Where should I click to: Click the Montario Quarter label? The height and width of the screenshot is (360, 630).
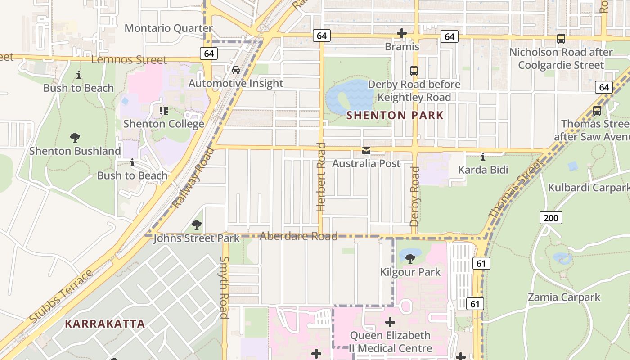click(x=168, y=28)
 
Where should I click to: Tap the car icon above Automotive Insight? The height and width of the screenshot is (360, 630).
click(x=235, y=70)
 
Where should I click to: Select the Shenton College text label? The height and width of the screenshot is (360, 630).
click(x=164, y=124)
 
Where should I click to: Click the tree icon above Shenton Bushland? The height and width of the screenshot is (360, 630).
click(x=75, y=138)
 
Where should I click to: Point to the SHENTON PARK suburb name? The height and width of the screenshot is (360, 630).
click(x=395, y=116)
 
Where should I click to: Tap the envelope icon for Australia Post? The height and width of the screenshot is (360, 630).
click(x=366, y=151)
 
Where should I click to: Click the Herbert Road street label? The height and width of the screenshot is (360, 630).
click(x=321, y=177)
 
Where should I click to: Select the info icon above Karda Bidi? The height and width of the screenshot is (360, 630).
click(x=483, y=157)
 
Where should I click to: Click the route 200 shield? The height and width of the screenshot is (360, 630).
click(x=550, y=218)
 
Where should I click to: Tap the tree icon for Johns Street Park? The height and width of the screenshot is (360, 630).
click(x=196, y=225)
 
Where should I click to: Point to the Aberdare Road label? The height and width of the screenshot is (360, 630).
click(x=299, y=236)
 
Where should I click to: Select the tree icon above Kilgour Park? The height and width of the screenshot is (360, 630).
click(x=410, y=259)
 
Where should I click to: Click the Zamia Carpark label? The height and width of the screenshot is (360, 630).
click(x=564, y=297)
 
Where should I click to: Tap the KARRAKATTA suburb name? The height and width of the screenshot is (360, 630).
click(x=105, y=324)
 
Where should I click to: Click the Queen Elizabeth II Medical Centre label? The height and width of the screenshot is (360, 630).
click(x=390, y=342)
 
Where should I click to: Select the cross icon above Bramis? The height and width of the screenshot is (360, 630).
click(x=402, y=34)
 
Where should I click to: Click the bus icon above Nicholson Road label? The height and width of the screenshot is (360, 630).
click(x=561, y=39)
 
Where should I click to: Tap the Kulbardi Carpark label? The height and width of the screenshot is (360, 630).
click(x=588, y=188)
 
